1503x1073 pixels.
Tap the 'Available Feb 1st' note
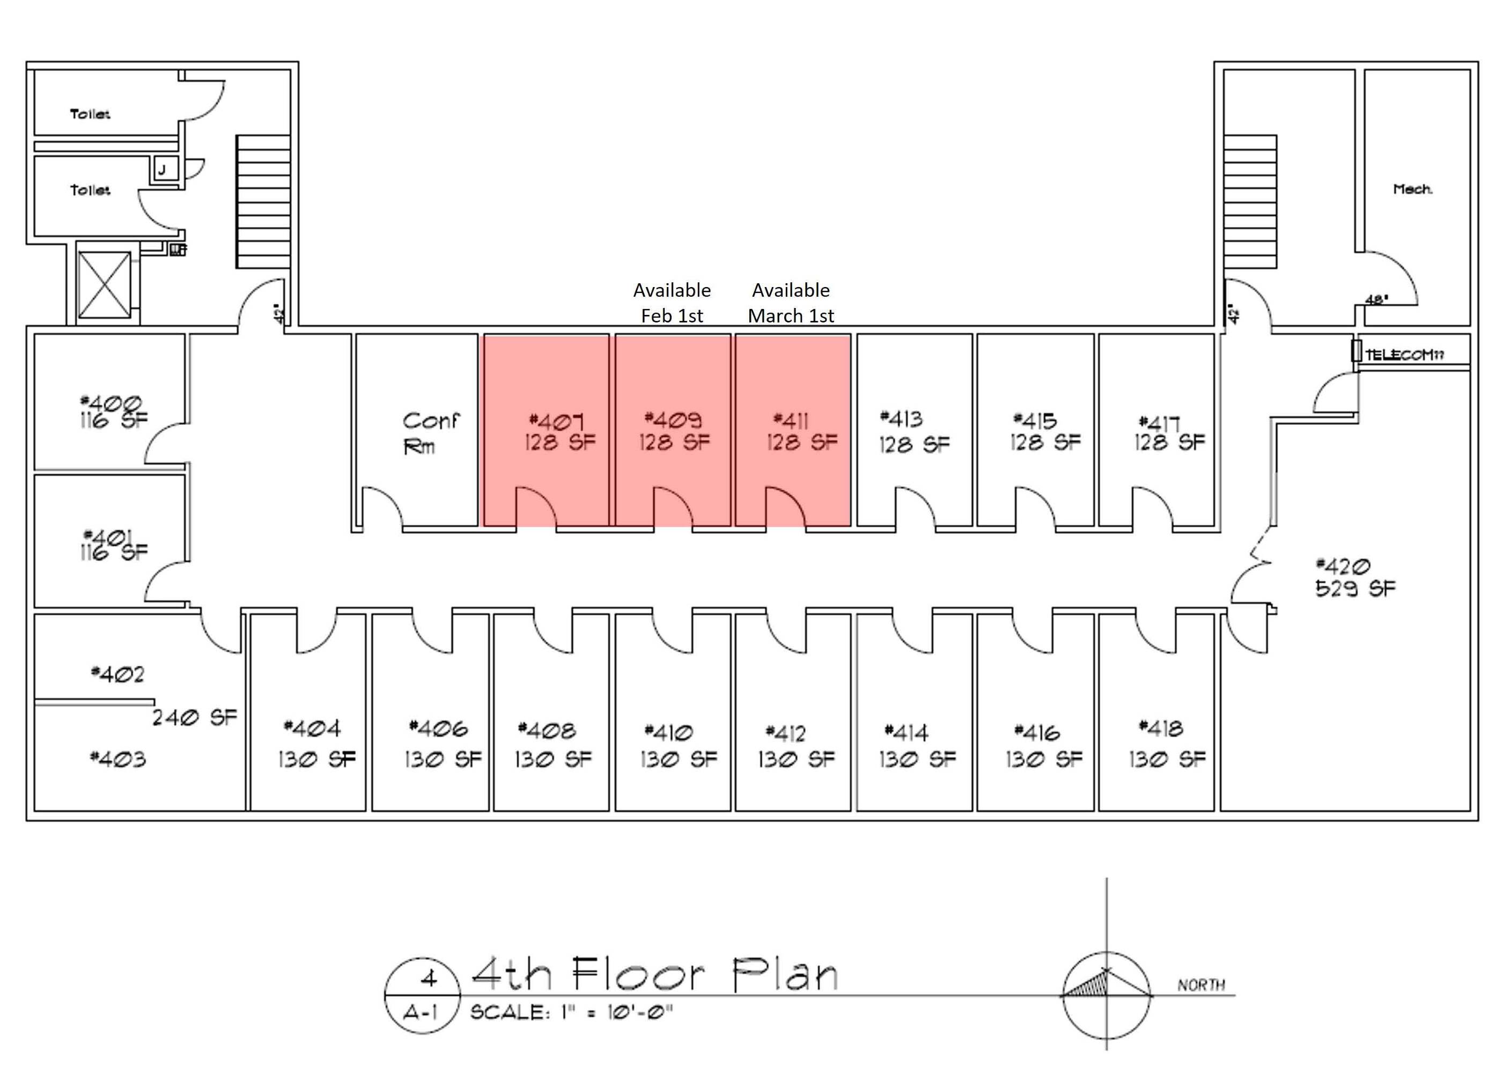[672, 303]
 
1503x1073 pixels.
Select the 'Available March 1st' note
[791, 303]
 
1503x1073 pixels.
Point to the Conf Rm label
[430, 433]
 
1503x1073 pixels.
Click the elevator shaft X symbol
[105, 285]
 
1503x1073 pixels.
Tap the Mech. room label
[1412, 189]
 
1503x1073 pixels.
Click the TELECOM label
[1404, 355]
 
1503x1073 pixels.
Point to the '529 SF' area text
[1355, 588]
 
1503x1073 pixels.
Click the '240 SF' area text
[194, 717]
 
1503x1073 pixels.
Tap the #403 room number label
[117, 759]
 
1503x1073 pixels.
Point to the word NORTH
[1200, 985]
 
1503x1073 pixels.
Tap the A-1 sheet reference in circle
[421, 1012]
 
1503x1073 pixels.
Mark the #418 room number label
[1161, 728]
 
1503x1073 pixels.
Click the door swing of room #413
[915, 508]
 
